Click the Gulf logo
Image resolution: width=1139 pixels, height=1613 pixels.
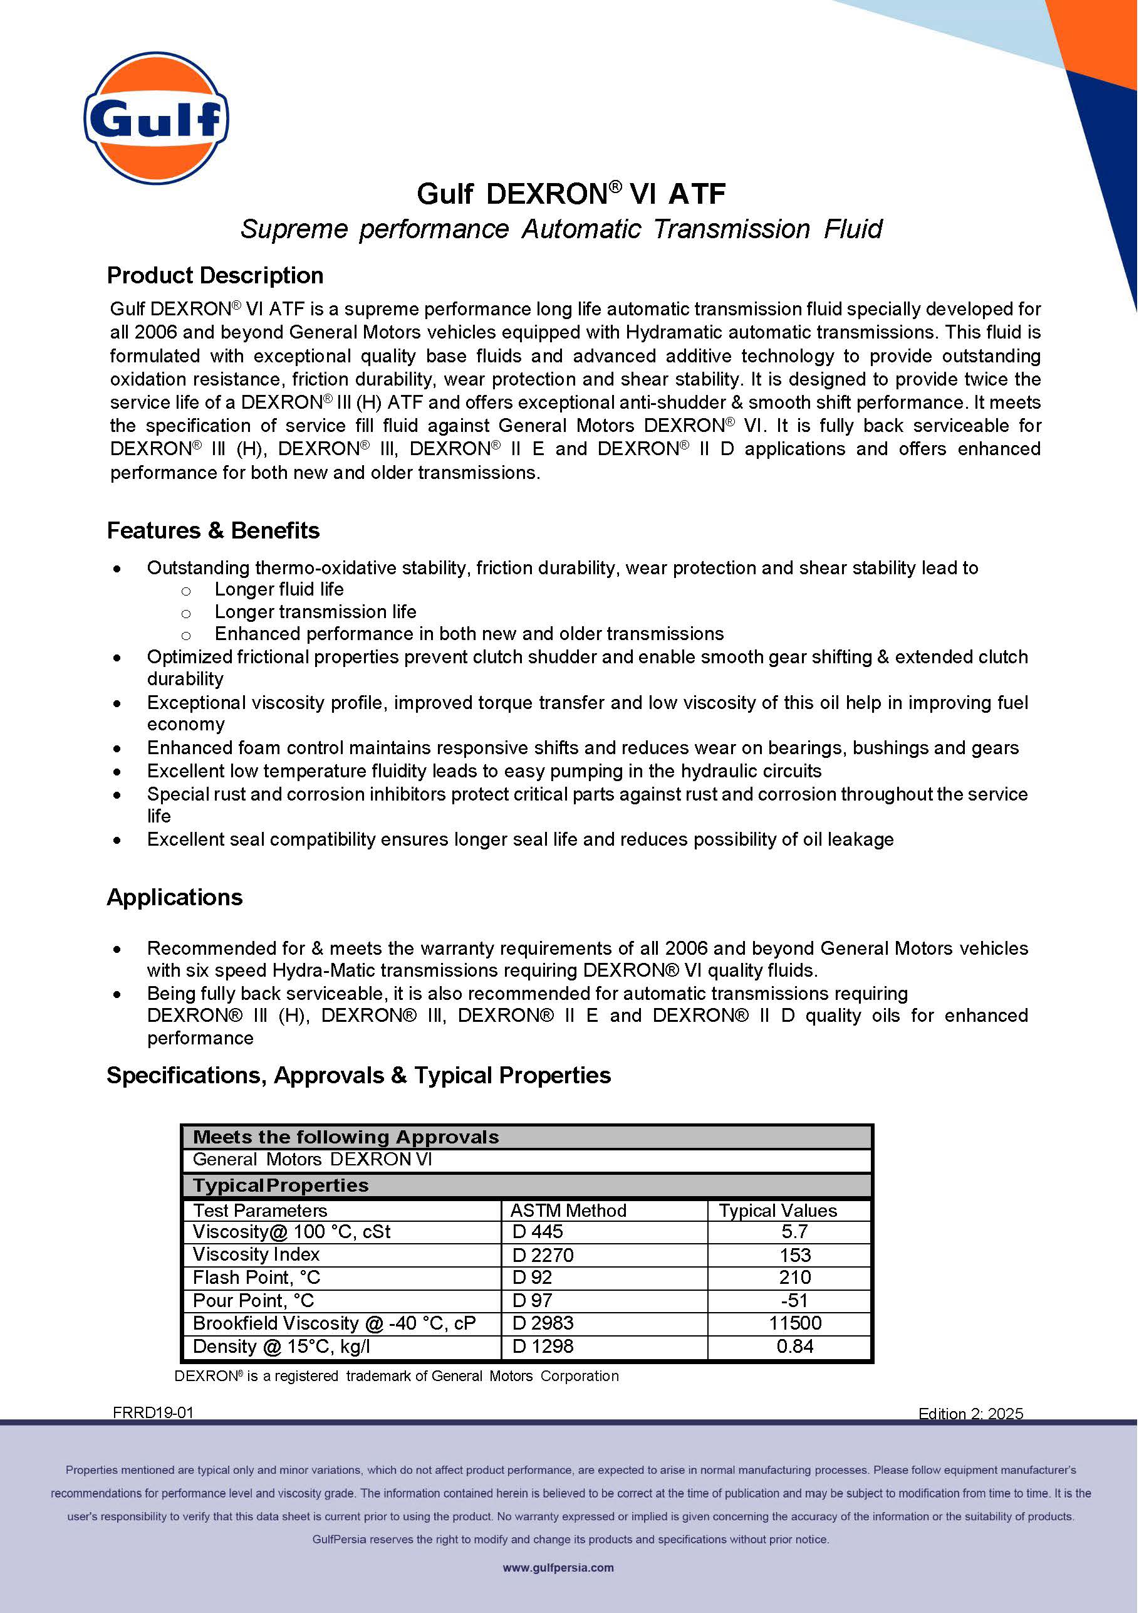click(x=156, y=118)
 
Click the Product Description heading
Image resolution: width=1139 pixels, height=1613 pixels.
click(x=215, y=275)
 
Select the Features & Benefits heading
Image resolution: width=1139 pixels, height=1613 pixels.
click(x=213, y=530)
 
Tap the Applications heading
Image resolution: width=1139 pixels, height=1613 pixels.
click(x=174, y=897)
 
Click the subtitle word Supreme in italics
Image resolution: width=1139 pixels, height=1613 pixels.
click(x=294, y=229)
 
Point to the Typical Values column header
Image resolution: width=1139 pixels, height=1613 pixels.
click(x=778, y=1211)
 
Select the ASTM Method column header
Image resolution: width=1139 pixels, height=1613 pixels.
click(x=568, y=1211)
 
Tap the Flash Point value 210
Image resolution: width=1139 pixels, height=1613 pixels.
click(x=794, y=1277)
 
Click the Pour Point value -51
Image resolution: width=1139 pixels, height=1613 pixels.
click(x=794, y=1300)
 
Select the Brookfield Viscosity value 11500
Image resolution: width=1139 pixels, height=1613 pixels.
click(x=794, y=1323)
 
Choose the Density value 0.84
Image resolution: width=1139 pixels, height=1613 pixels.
click(x=794, y=1346)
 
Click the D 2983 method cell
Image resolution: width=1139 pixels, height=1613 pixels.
click(x=543, y=1323)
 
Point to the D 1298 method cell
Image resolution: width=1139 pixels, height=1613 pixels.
click(x=543, y=1346)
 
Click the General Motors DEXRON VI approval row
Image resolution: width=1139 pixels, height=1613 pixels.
click(x=313, y=1159)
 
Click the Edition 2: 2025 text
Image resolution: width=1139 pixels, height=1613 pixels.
click(x=970, y=1414)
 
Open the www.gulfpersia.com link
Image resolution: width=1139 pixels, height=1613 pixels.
click(x=558, y=1567)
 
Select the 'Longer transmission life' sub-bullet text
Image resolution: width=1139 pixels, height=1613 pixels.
click(x=315, y=611)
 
